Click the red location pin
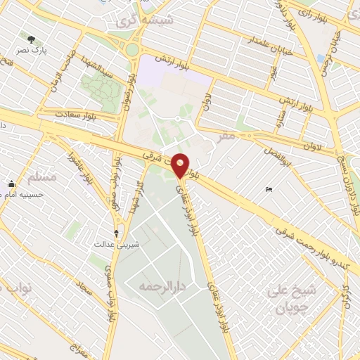181,164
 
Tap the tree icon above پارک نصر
31,39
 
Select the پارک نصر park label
32,51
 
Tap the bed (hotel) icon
269,190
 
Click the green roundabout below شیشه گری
131,50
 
